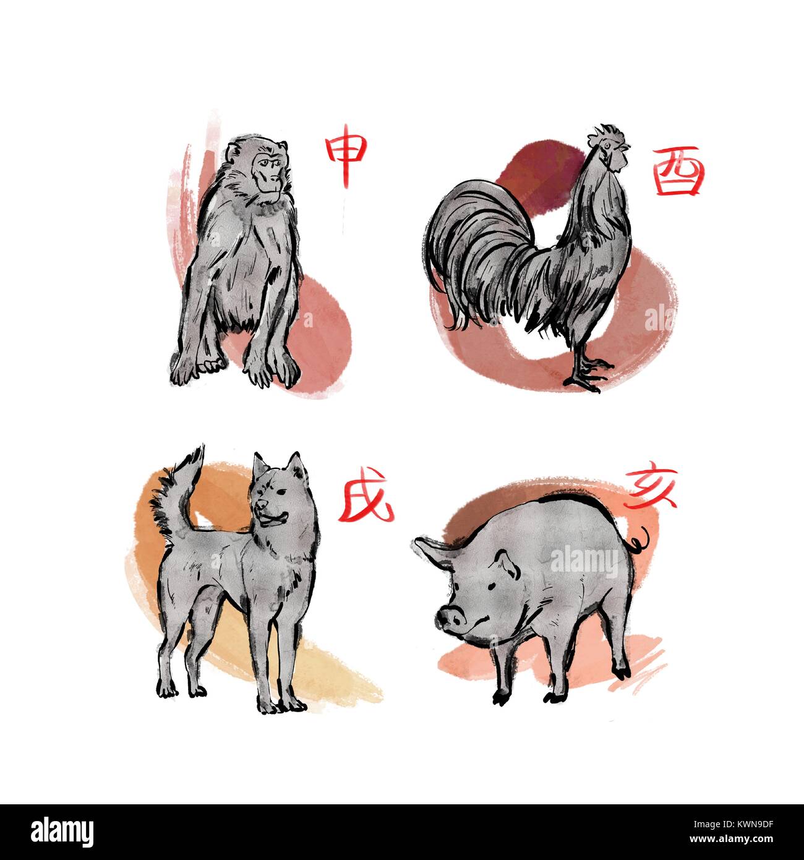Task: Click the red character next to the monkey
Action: coord(346,155)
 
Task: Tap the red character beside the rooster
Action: coord(678,171)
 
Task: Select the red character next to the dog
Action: coord(366,495)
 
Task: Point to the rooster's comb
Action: coord(606,135)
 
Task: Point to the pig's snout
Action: coord(450,619)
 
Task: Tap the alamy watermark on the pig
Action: coord(584,561)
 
